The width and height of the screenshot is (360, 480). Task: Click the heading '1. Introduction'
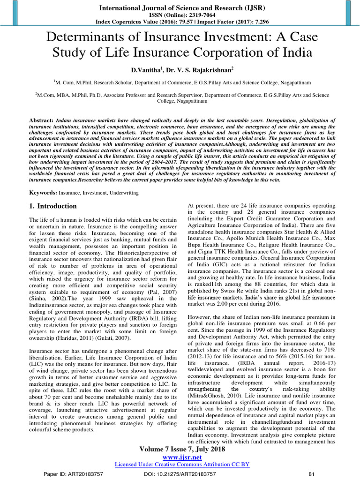click(53, 206)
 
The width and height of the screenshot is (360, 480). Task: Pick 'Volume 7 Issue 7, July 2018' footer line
click(182, 449)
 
